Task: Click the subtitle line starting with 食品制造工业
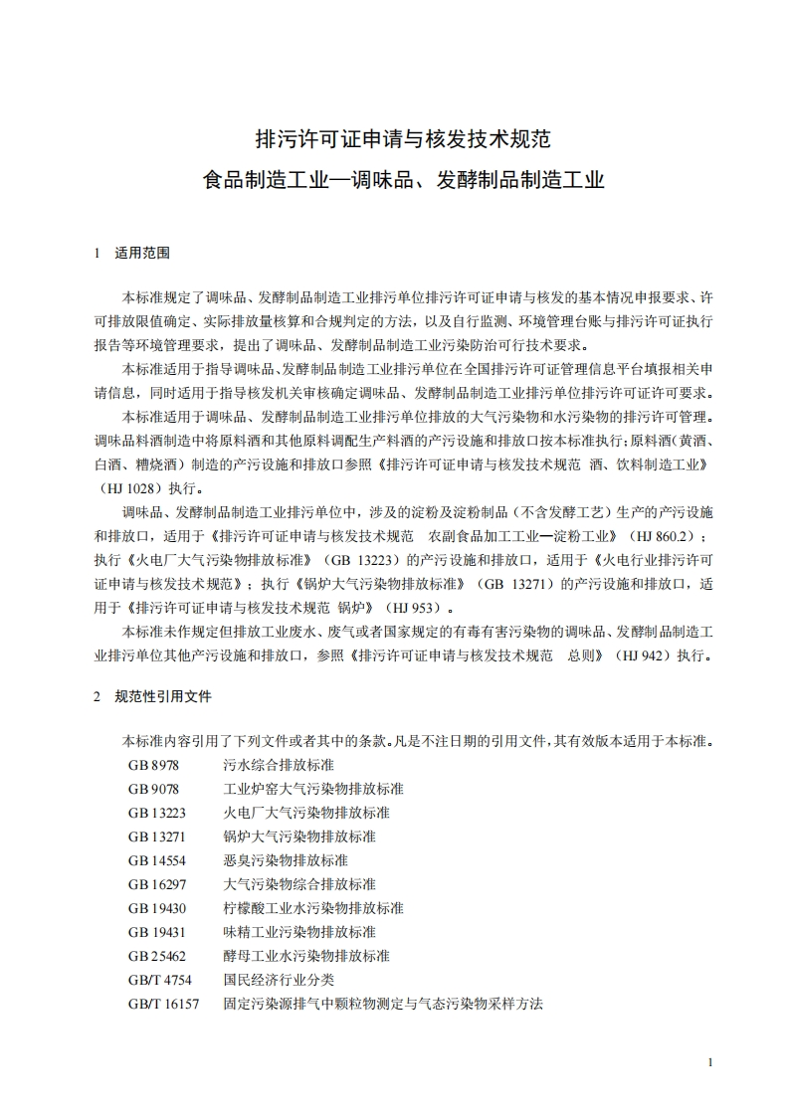click(403, 181)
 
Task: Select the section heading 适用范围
click(142, 253)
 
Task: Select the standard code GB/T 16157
click(162, 1004)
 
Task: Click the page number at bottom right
click(710, 1062)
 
